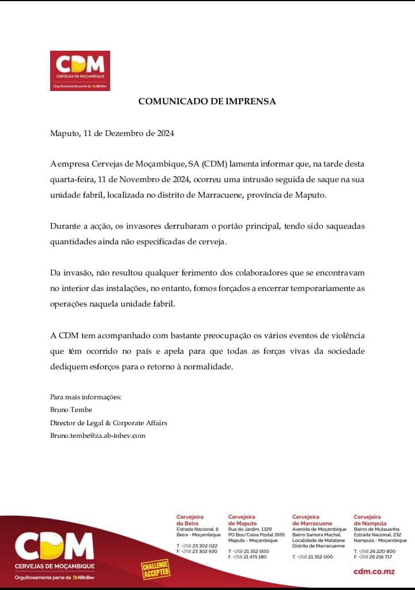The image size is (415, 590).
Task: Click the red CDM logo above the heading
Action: click(80, 71)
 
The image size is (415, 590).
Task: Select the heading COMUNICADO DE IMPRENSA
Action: click(207, 101)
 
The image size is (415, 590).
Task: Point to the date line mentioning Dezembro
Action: click(112, 133)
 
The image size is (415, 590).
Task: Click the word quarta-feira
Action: click(71, 180)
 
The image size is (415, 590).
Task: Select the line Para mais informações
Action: click(86, 397)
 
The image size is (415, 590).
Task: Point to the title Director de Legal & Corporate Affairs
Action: click(109, 423)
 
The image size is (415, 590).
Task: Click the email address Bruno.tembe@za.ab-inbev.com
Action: click(98, 436)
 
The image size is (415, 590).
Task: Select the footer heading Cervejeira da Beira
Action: click(190, 520)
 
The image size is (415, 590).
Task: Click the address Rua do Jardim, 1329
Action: click(250, 529)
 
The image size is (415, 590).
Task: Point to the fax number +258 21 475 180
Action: click(250, 557)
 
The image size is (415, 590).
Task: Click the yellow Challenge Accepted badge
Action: click(156, 568)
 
